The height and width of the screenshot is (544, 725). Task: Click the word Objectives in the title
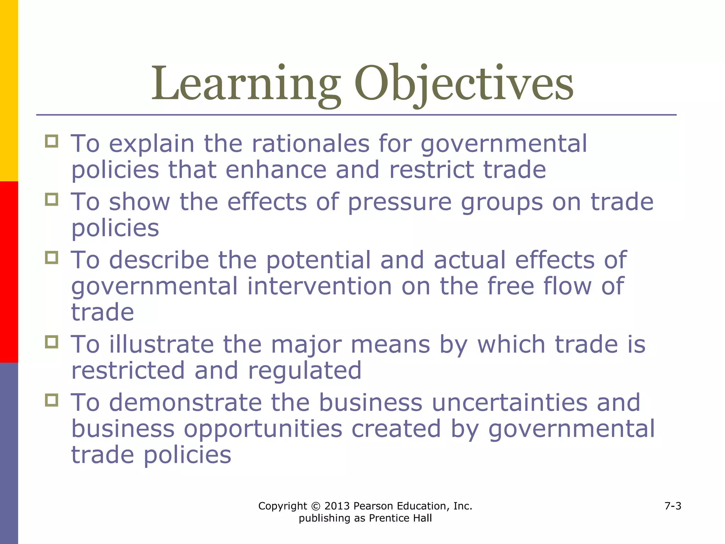click(464, 84)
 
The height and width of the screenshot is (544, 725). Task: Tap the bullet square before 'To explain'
click(52, 141)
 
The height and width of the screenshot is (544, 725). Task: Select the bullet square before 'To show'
click(52, 199)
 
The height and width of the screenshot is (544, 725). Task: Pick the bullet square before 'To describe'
click(52, 257)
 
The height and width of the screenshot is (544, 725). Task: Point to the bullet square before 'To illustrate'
click(52, 342)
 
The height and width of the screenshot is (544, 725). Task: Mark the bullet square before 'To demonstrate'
click(52, 400)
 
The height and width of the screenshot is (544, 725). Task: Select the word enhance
click(276, 170)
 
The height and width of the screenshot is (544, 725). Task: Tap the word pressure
click(400, 202)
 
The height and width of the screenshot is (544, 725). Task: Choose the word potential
click(318, 260)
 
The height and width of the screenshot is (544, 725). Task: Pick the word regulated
click(304, 370)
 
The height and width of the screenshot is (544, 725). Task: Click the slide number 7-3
click(673, 506)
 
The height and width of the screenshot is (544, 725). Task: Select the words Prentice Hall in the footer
click(400, 518)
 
